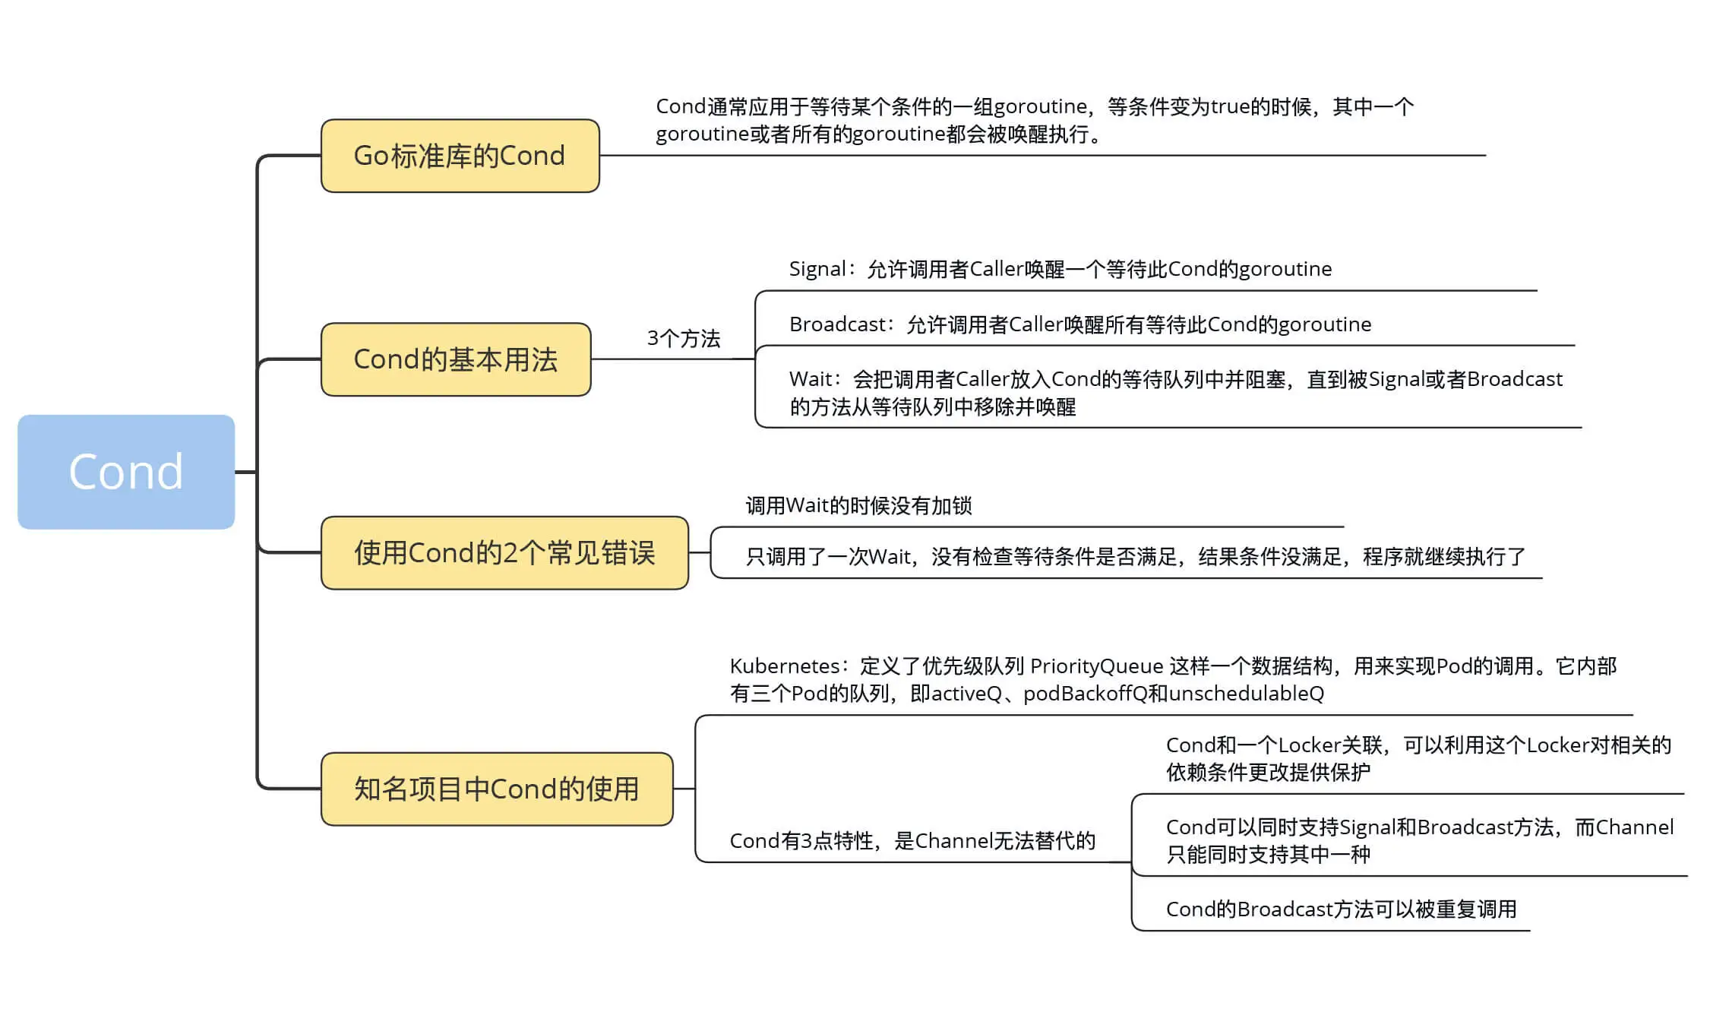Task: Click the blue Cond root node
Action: [x=126, y=472]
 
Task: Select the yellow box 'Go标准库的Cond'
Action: [x=460, y=156]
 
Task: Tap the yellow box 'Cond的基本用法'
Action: [x=456, y=359]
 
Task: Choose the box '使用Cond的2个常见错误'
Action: [x=504, y=553]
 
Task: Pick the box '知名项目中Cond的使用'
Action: [x=497, y=789]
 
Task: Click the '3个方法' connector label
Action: [x=683, y=338]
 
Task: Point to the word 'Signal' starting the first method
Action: [x=817, y=269]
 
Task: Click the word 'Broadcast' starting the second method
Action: [x=836, y=324]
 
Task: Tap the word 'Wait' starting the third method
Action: [x=811, y=379]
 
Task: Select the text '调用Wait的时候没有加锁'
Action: [x=858, y=506]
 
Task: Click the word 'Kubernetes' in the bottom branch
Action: [x=784, y=666]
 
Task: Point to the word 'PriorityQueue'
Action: [x=1096, y=666]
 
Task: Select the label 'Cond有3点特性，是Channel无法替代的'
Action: [x=912, y=841]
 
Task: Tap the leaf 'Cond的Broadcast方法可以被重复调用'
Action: [x=1341, y=909]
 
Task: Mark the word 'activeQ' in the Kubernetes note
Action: [x=966, y=694]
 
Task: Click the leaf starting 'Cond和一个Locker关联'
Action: [x=1418, y=758]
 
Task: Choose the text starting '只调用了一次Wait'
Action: [x=1135, y=557]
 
